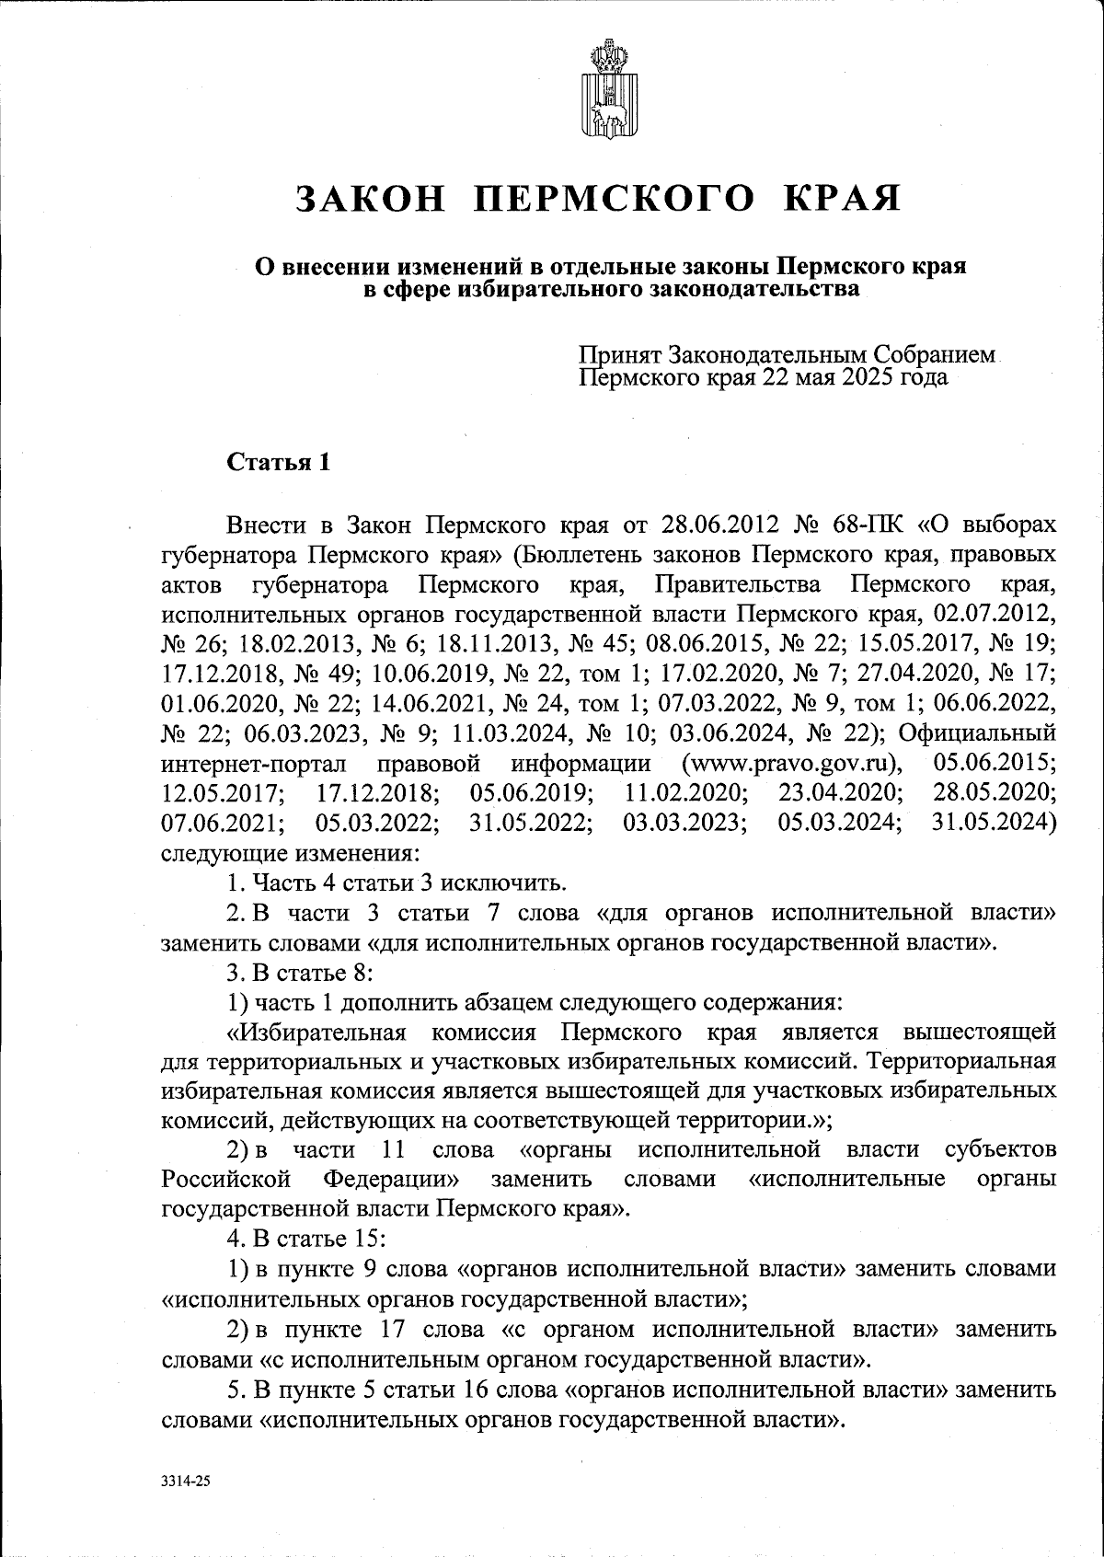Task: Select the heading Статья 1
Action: (x=279, y=463)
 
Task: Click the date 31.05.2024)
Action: (x=993, y=823)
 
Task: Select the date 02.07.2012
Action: (x=994, y=615)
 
